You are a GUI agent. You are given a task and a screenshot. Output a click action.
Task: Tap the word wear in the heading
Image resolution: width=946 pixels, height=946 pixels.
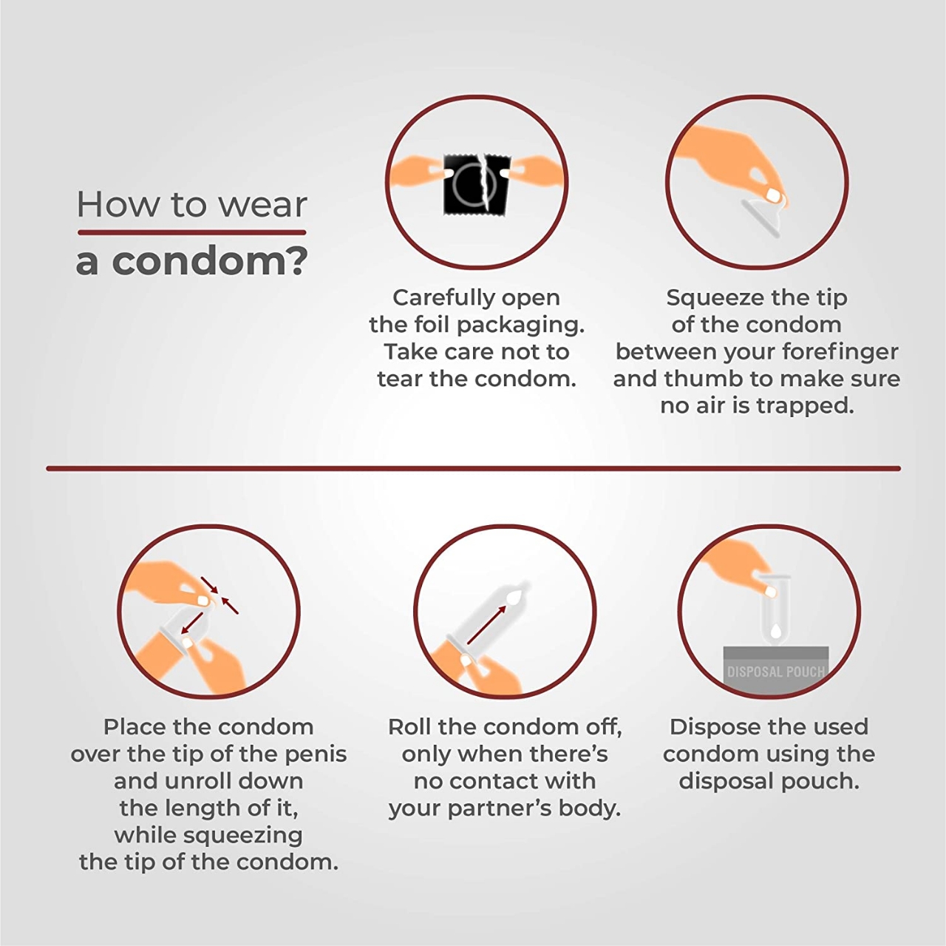[x=262, y=205]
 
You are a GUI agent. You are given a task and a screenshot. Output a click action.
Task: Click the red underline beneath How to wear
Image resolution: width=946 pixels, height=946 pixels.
[x=191, y=232]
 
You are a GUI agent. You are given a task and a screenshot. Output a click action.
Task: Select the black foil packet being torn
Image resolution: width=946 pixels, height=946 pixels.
[x=477, y=185]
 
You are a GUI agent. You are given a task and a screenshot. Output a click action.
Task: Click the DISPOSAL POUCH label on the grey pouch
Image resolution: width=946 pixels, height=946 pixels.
[x=776, y=672]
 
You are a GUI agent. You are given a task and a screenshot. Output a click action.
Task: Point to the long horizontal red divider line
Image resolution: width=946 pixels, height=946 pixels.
[x=474, y=469]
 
